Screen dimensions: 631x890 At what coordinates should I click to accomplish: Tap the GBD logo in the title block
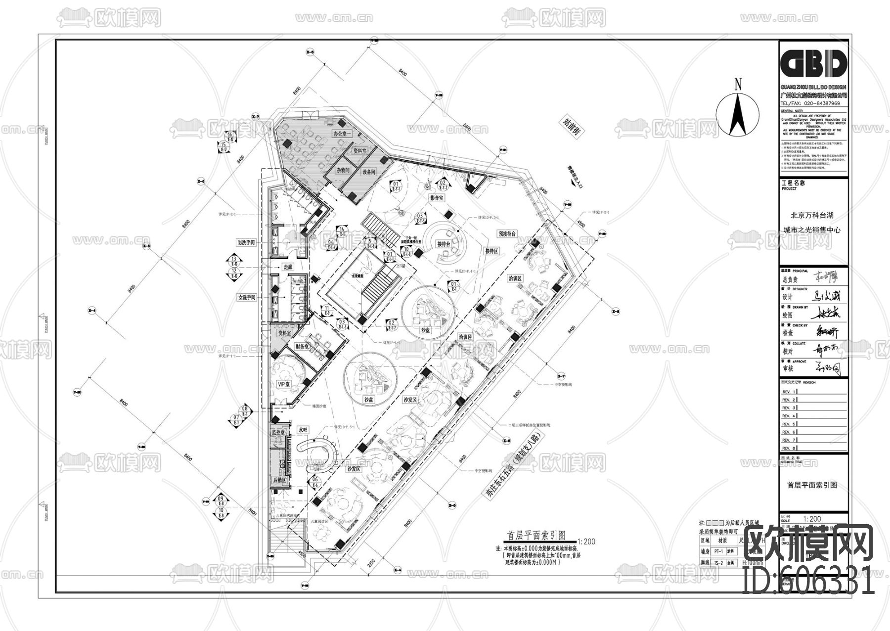click(x=813, y=64)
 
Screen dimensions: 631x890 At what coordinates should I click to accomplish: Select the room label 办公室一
click(x=341, y=134)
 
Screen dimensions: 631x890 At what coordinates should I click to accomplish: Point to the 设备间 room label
click(x=369, y=172)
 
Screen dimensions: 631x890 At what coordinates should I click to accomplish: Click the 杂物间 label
click(x=343, y=170)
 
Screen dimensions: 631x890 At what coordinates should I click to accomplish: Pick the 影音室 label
click(x=437, y=198)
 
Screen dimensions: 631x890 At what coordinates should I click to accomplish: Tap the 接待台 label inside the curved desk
click(x=444, y=244)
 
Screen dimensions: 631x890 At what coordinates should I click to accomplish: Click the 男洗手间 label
click(x=246, y=243)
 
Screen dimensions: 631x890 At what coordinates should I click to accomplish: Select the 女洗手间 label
click(x=247, y=297)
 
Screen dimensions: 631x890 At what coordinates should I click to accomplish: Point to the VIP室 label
click(x=283, y=384)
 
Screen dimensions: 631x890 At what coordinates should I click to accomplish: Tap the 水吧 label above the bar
click(x=303, y=430)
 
